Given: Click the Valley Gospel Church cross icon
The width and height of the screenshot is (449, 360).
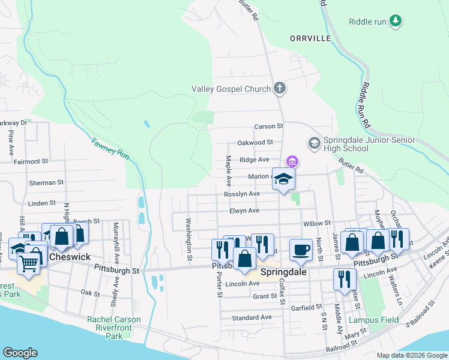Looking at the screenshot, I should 279,89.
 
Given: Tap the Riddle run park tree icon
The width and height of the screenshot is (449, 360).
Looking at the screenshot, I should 395,22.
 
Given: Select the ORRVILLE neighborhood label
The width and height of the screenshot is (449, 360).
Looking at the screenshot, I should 310,38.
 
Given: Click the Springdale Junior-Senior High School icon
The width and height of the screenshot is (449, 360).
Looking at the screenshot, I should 314,143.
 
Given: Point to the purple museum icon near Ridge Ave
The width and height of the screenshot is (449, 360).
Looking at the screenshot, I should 292,161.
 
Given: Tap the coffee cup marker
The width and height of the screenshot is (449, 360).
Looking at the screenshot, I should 301,250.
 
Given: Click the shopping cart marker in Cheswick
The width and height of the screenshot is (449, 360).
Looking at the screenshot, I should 27,262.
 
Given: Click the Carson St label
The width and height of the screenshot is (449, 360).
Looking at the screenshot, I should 268,127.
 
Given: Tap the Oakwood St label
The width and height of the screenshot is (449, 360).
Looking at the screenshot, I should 255,143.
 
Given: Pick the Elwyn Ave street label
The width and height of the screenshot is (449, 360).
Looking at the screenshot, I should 244,211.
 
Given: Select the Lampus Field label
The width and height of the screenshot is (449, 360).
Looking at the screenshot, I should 375,320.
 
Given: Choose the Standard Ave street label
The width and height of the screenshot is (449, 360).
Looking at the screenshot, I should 252,317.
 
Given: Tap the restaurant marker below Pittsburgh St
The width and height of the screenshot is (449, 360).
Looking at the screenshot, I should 345,279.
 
